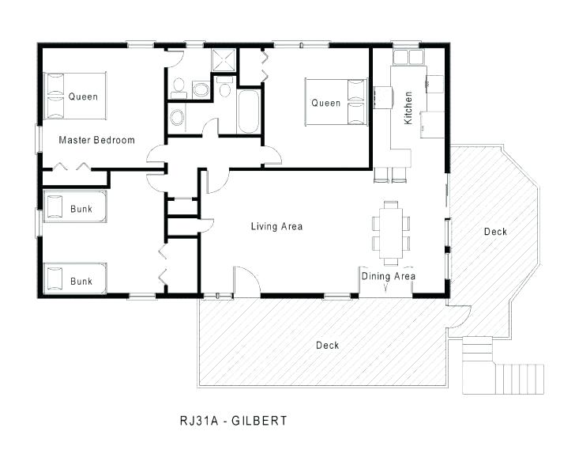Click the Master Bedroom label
pyautogui.click(x=96, y=140)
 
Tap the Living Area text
pyautogui.click(x=276, y=227)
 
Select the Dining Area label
pyautogui.click(x=389, y=276)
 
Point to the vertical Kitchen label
pyautogui.click(x=408, y=108)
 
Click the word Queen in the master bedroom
pyautogui.click(x=83, y=97)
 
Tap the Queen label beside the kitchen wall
pyautogui.click(x=325, y=103)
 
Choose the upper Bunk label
pyautogui.click(x=81, y=209)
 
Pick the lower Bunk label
pyautogui.click(x=81, y=281)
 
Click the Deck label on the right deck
pyautogui.click(x=495, y=232)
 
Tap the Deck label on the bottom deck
pyautogui.click(x=327, y=345)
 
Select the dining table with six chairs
pyautogui.click(x=391, y=231)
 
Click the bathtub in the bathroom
pyautogui.click(x=247, y=113)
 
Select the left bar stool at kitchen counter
pyautogui.click(x=380, y=175)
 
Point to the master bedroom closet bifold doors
pyautogui.click(x=73, y=166)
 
